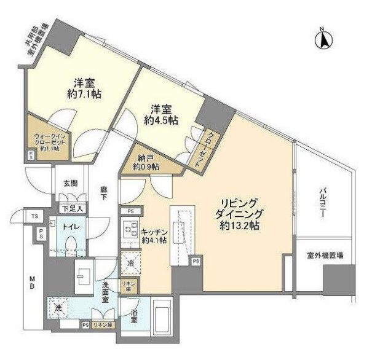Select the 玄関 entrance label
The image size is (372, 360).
point(69,182)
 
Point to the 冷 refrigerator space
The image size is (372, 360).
point(130,263)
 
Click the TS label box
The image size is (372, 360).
point(36,217)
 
